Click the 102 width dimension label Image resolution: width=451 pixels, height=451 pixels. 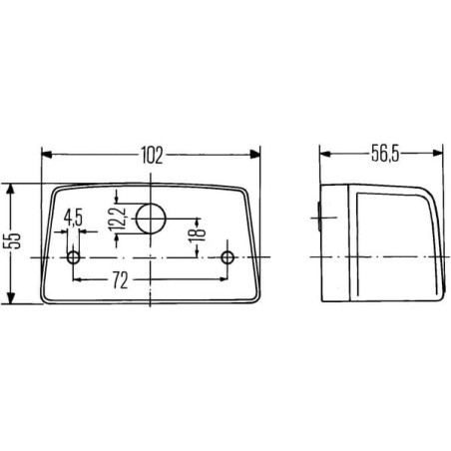[x=153, y=155]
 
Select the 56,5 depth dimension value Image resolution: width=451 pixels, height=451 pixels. [x=385, y=154]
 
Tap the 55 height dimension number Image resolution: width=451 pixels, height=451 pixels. [x=15, y=240]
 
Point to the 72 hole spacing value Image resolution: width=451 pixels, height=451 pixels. [x=120, y=280]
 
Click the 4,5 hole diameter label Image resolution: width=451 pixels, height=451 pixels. [x=73, y=218]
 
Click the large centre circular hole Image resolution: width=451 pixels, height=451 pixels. [x=152, y=219]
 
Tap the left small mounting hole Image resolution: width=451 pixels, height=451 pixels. [x=74, y=257]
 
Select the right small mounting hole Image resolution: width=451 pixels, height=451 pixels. [x=227, y=257]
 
